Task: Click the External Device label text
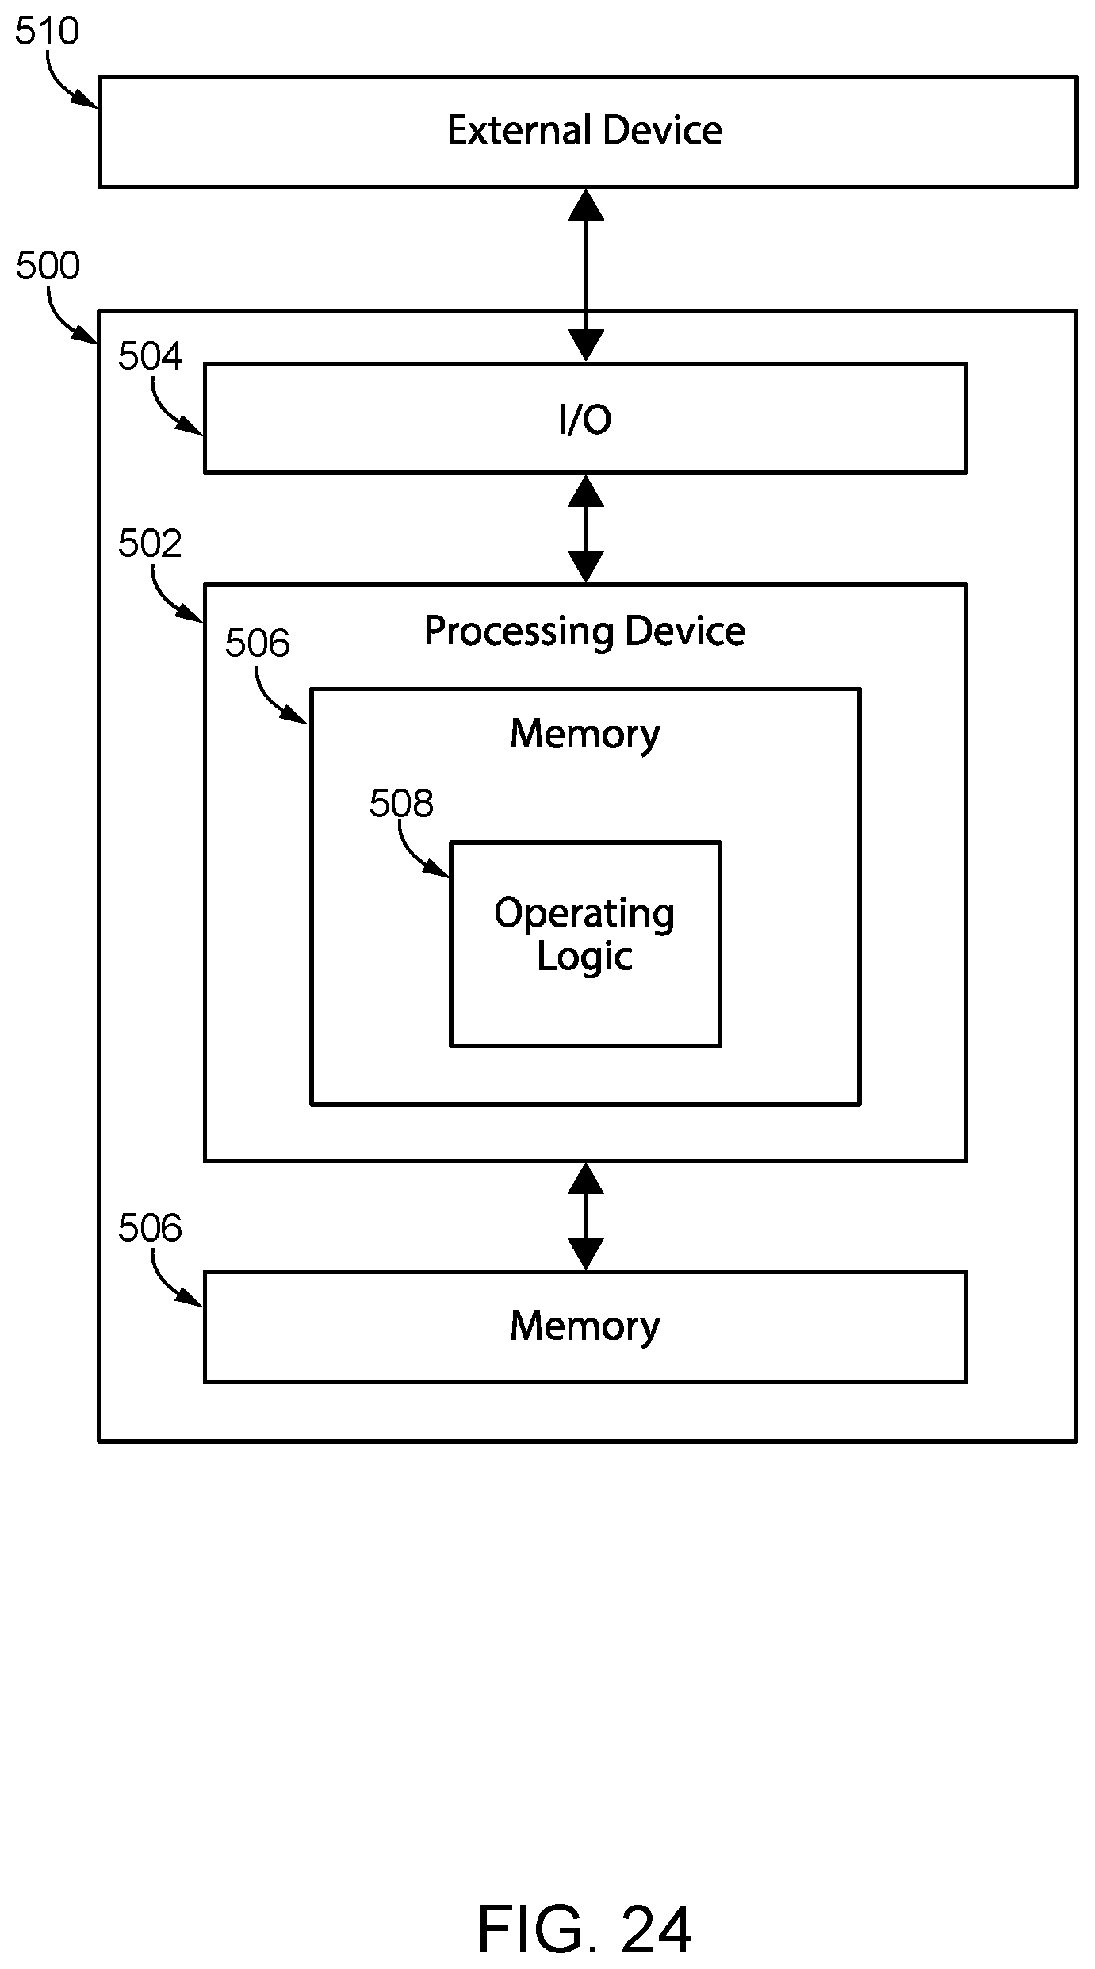click(x=584, y=130)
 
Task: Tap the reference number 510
click(x=48, y=32)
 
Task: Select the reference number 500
click(x=48, y=266)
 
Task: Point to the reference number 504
click(x=150, y=356)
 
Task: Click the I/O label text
click(x=585, y=420)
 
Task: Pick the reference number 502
click(x=150, y=543)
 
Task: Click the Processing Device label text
click(x=584, y=632)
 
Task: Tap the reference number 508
click(x=401, y=804)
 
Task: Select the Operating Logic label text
click(x=585, y=935)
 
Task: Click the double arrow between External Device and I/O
click(x=586, y=275)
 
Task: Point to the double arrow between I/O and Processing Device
click(x=586, y=529)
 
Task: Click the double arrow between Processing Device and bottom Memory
click(x=586, y=1217)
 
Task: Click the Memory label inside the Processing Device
click(x=584, y=734)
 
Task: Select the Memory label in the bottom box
click(x=584, y=1326)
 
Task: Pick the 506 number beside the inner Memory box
click(x=257, y=643)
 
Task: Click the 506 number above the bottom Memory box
click(x=150, y=1228)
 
